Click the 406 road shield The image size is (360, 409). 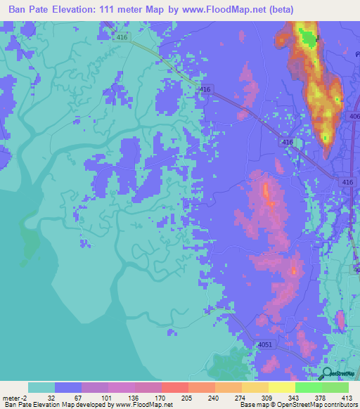point(354,117)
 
